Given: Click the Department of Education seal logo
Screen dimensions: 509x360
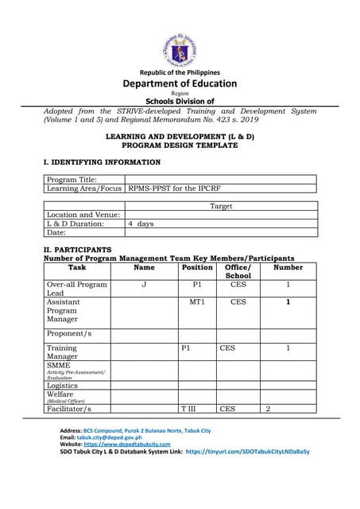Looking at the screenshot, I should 179,49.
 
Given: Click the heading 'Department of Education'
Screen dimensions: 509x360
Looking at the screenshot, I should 180,84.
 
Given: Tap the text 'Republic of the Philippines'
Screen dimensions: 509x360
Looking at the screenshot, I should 180,72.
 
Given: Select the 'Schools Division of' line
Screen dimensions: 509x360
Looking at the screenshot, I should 180,101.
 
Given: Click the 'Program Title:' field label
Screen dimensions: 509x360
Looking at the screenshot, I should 72,180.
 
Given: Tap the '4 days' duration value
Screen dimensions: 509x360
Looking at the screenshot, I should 141,224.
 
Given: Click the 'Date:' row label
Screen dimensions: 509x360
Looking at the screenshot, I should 56,233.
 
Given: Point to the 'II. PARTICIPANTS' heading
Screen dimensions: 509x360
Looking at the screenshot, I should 77,250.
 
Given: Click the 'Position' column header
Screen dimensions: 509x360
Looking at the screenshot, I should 197,268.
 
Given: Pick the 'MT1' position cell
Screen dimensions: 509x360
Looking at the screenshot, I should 197,302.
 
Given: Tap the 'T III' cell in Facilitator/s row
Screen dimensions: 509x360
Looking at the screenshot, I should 188,409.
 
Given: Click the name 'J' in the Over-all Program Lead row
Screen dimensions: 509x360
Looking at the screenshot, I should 144,285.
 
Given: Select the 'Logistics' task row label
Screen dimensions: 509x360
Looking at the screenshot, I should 63,385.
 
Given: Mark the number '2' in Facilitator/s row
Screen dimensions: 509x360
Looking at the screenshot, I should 268,409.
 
